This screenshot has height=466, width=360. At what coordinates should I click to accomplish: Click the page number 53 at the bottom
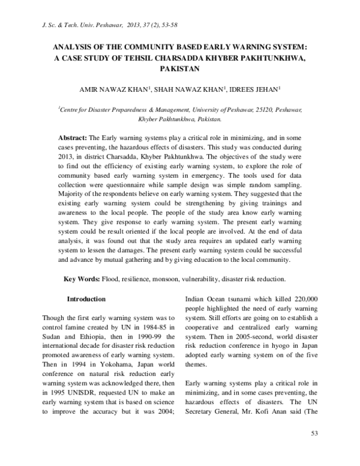313,450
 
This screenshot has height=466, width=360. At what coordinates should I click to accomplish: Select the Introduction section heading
86,298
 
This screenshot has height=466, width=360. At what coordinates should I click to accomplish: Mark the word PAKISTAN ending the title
180,69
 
